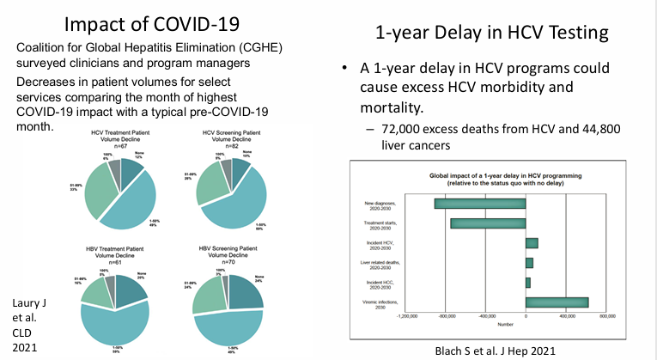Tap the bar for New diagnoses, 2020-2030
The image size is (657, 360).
pos(479,204)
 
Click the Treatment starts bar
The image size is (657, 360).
pos(487,223)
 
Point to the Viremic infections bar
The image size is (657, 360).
pos(557,302)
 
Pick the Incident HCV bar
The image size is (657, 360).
pos(531,243)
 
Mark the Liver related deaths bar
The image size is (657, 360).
pos(529,262)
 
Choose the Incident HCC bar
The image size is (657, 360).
pos(527,282)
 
